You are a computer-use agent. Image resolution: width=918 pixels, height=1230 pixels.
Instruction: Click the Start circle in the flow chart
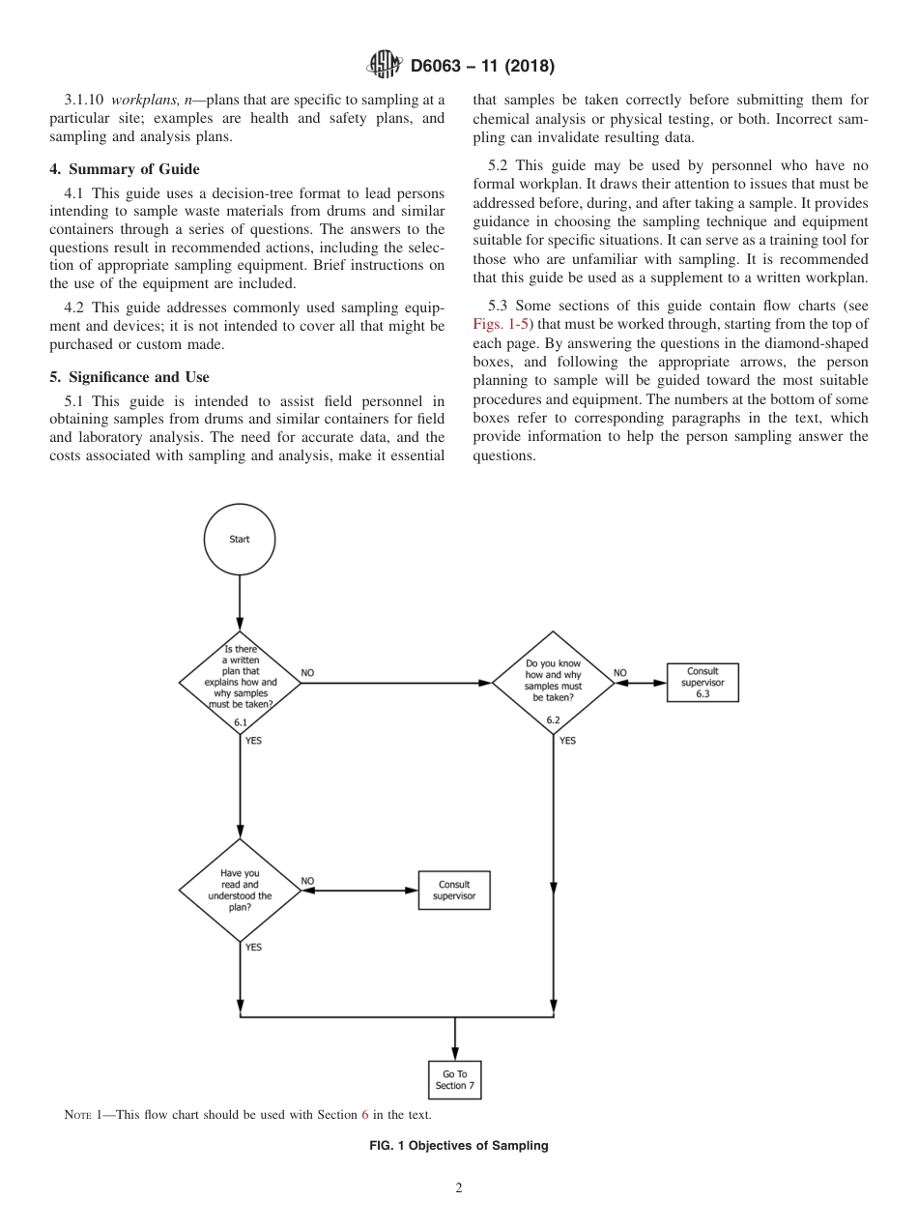point(239,540)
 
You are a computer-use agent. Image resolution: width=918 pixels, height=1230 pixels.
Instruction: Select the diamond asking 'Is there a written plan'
point(240,682)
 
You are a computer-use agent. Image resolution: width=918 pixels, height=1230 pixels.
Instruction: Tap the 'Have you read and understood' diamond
point(240,890)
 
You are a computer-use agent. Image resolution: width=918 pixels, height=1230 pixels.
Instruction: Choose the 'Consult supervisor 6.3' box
point(703,682)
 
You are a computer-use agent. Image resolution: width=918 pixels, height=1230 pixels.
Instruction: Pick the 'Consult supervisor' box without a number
point(454,890)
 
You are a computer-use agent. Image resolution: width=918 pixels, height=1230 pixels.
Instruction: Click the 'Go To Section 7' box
point(454,1080)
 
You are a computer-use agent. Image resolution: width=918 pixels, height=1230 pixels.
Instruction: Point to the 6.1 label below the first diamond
point(241,721)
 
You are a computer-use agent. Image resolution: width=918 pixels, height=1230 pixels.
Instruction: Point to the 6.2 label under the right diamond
point(554,720)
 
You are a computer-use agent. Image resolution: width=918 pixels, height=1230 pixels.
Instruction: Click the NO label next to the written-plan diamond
point(307,672)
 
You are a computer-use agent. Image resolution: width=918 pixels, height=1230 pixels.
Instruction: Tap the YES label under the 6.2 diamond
point(567,741)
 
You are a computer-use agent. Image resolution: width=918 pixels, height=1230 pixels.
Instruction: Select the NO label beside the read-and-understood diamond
point(307,880)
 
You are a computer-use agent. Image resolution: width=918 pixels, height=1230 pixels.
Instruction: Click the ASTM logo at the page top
point(386,66)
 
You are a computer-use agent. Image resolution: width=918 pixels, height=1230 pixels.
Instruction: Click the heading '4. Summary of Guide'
point(125,169)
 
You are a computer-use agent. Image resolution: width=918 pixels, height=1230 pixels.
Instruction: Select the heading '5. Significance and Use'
point(129,376)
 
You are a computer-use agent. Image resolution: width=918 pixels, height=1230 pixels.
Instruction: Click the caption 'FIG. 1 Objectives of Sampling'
point(459,1146)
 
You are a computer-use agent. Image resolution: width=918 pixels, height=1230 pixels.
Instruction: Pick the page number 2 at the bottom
point(459,1189)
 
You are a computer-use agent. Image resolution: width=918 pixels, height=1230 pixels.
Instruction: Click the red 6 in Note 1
point(365,1115)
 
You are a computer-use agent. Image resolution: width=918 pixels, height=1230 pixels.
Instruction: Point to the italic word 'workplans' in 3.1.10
point(147,99)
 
